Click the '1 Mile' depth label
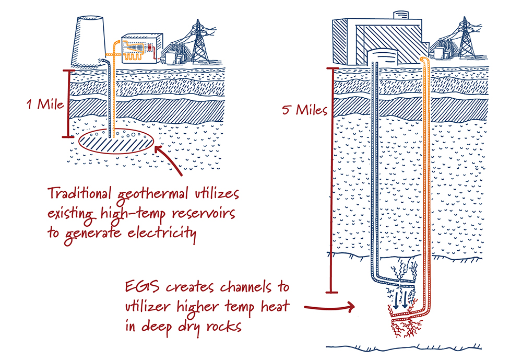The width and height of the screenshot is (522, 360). pyautogui.click(x=45, y=104)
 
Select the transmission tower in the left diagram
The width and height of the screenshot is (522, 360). pyautogui.click(x=198, y=42)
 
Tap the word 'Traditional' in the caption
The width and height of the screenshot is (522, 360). pyautogui.click(x=79, y=194)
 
